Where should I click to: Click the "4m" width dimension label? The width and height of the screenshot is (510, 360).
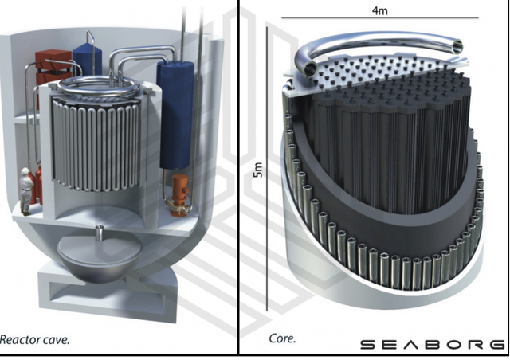379,10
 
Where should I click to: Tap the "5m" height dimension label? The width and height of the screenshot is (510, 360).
258,170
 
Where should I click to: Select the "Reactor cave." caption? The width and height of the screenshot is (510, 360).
35,340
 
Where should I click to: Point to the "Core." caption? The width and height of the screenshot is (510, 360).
282,338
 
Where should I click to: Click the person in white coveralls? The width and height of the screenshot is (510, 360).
25,191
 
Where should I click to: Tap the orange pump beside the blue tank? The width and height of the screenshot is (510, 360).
178,194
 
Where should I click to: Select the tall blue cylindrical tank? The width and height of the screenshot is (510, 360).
175,114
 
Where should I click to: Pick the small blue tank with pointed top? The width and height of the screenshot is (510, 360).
87,58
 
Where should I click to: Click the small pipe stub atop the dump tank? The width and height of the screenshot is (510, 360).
100,232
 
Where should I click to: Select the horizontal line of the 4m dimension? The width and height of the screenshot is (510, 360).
380,18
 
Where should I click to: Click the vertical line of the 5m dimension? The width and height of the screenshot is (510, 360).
267,169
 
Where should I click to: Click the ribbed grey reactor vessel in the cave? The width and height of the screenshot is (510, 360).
96,143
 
